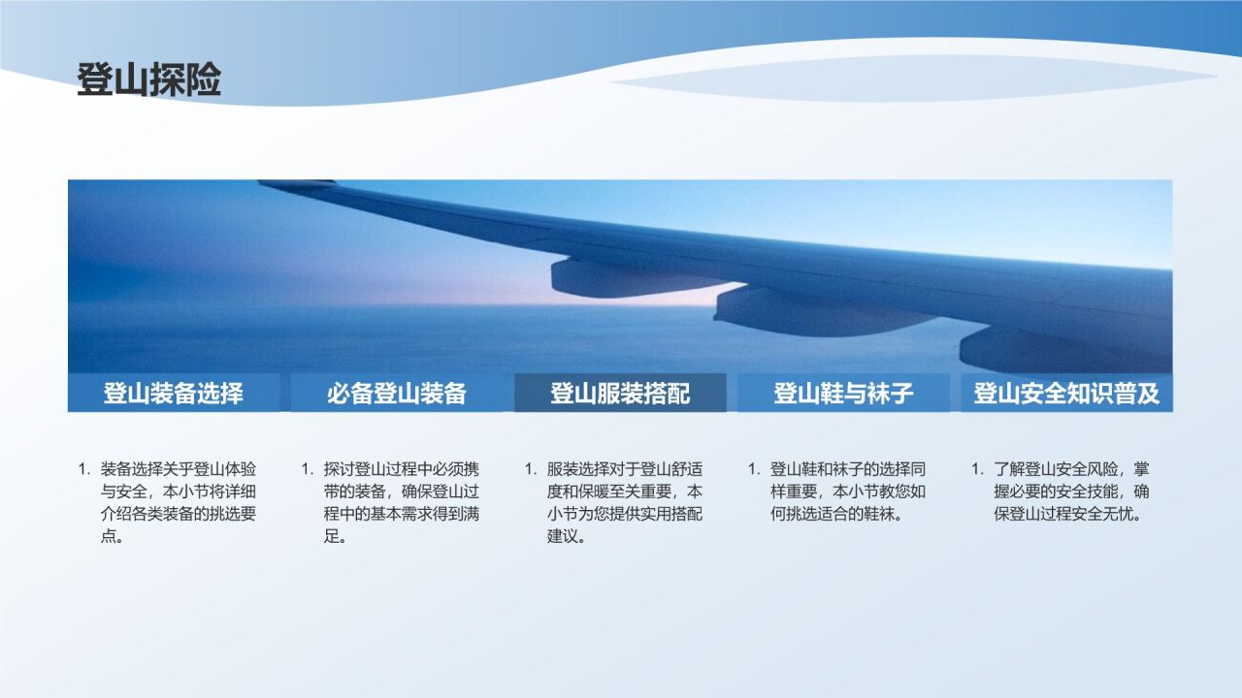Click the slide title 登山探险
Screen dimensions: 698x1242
coord(149,81)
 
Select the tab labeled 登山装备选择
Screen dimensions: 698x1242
coord(173,394)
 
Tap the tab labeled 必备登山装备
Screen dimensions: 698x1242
coord(397,394)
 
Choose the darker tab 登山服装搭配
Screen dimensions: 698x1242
coord(620,394)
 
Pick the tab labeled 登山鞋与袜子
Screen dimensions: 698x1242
coord(843,394)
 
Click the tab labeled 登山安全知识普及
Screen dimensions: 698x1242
coord(1066,394)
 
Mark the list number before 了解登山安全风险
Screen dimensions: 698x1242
coord(977,469)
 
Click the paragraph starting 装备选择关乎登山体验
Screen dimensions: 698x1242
coord(179,502)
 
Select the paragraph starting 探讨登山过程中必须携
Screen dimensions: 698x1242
coord(402,502)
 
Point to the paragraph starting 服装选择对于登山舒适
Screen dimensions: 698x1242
coord(625,502)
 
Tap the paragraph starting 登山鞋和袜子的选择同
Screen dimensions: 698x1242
coord(848,492)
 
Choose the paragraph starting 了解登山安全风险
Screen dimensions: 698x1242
coord(1071,492)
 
